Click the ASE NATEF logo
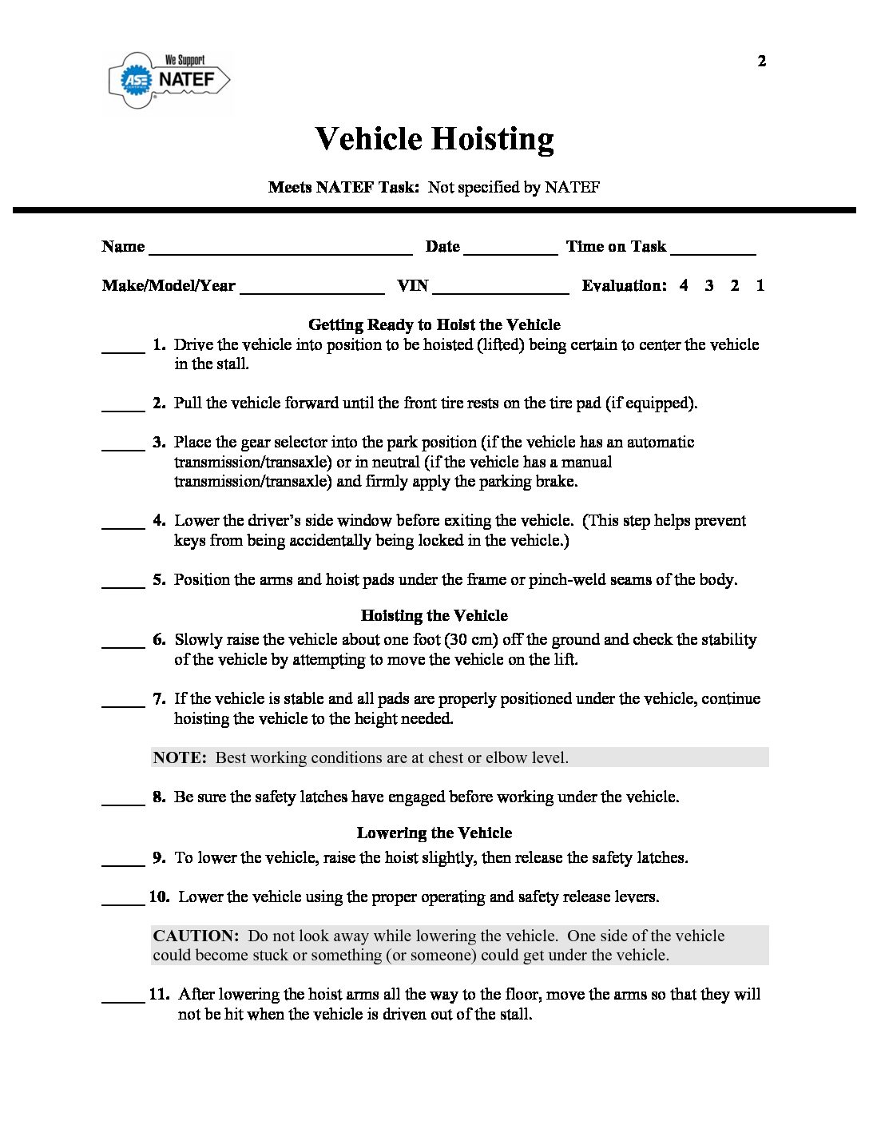click(x=169, y=79)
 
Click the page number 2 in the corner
click(x=761, y=61)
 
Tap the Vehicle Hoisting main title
click(x=434, y=139)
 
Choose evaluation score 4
click(x=684, y=285)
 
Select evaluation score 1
click(x=760, y=285)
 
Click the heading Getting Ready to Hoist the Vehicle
click(x=434, y=324)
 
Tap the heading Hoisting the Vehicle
click(x=434, y=615)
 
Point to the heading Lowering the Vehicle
click(x=434, y=833)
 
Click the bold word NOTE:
click(x=180, y=757)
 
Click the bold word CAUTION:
click(x=196, y=936)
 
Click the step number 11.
click(x=159, y=994)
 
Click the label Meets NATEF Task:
click(x=343, y=187)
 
